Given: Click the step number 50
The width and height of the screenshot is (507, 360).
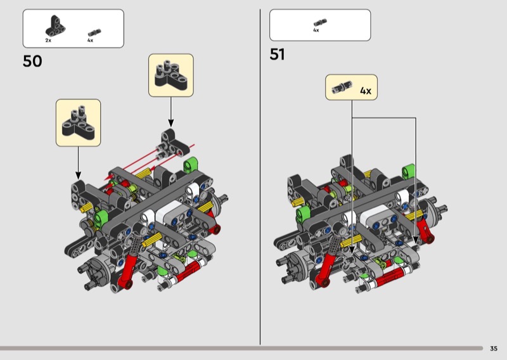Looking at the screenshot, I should tap(32, 61).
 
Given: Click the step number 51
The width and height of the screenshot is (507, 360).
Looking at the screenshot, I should tap(278, 55).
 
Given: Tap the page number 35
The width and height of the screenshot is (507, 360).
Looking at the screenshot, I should tap(494, 348).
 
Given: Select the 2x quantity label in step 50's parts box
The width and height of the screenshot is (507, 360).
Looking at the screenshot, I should tap(48, 41).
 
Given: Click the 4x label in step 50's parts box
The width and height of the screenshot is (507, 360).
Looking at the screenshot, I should tap(90, 41).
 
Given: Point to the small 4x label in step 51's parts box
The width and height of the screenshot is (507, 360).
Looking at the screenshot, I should tap(316, 30).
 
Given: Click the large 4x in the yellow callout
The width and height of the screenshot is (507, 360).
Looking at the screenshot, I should tap(365, 91).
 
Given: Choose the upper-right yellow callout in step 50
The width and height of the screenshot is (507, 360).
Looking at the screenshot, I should tap(170, 75).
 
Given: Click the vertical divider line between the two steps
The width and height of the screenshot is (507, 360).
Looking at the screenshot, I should tap(260, 177).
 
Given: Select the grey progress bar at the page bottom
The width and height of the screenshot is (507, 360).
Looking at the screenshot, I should tap(241, 348).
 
